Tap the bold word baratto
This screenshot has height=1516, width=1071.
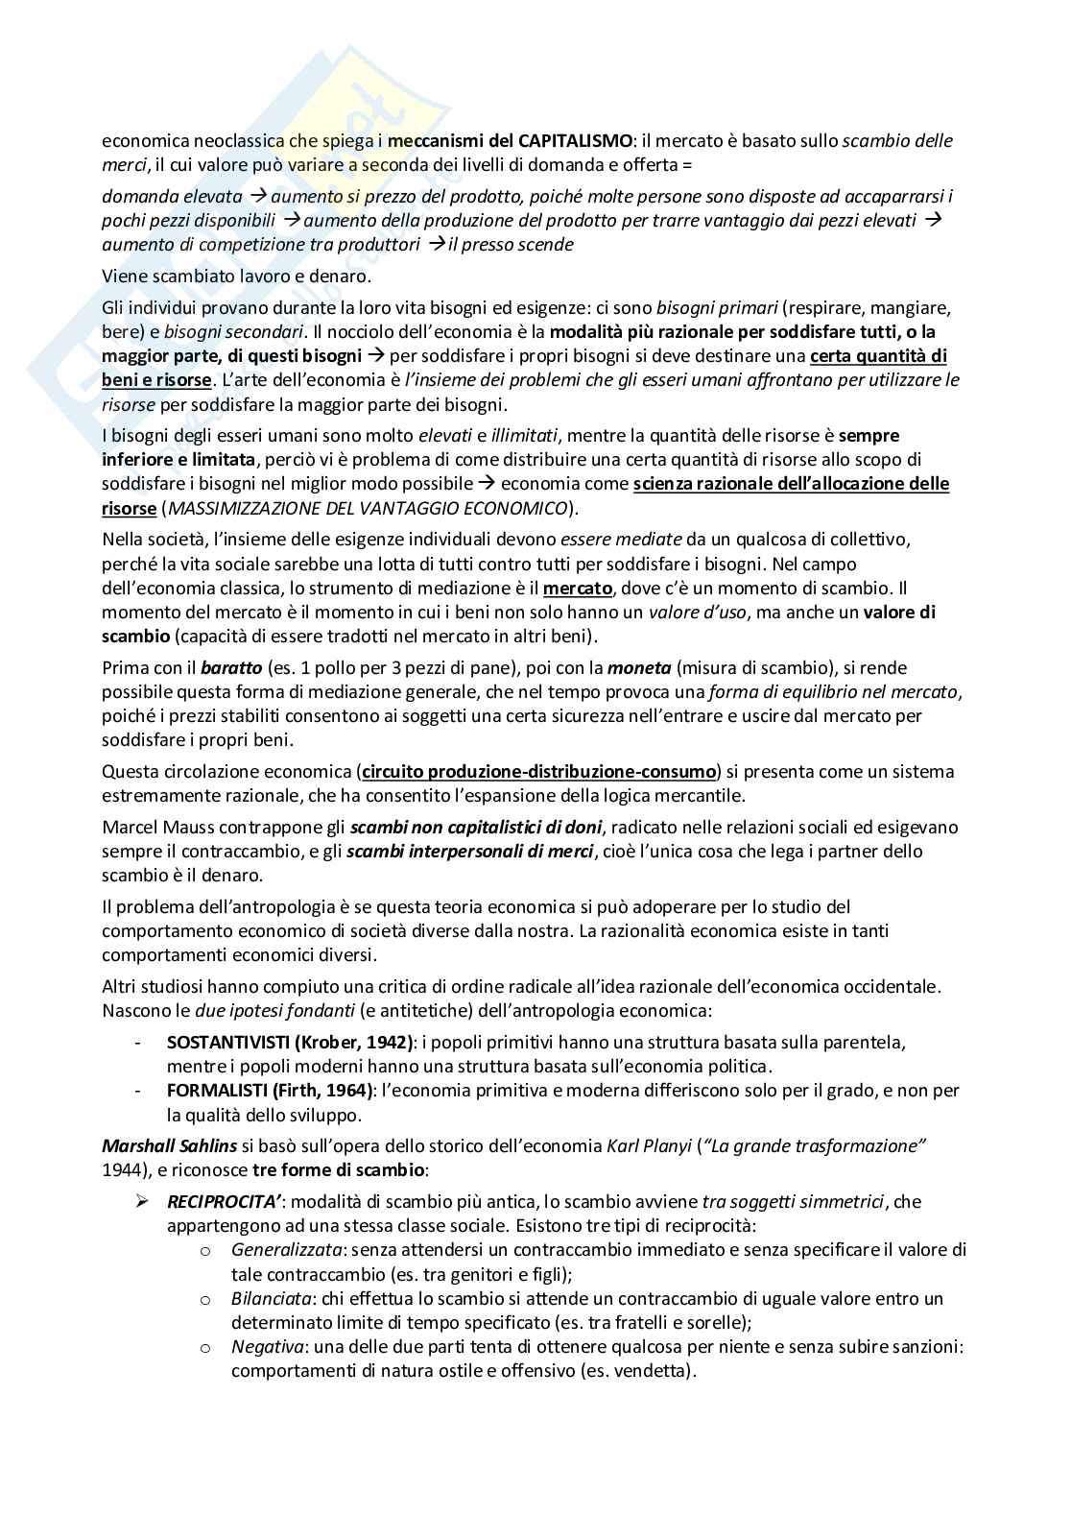point(231,668)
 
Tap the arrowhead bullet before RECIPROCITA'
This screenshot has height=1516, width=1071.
point(141,1202)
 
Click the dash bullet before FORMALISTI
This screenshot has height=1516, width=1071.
point(141,1091)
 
